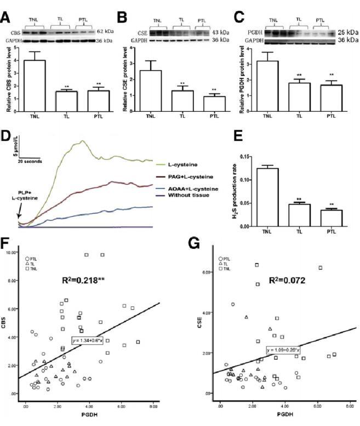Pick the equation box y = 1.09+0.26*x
(x=283, y=349)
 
